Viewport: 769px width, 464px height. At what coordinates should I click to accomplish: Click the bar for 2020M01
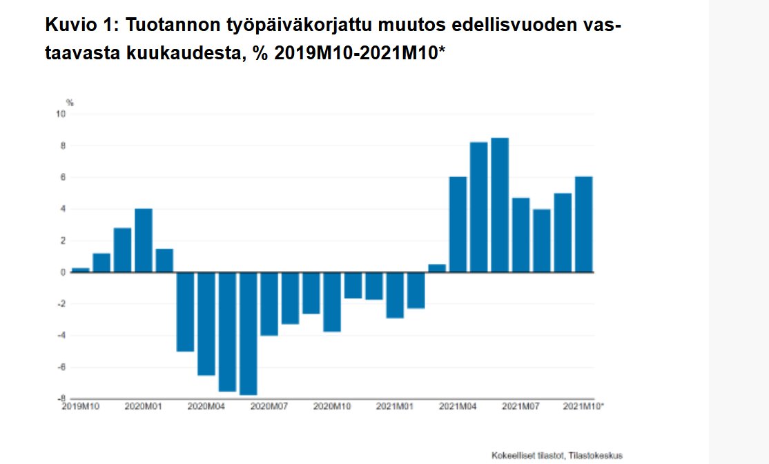[144, 241]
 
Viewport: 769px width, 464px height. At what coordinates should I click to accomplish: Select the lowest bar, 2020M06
[248, 334]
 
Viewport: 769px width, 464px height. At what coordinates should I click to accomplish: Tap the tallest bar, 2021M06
[500, 205]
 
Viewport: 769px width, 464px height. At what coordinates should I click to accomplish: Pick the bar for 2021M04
[458, 225]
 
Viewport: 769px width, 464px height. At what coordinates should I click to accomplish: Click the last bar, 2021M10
[583, 225]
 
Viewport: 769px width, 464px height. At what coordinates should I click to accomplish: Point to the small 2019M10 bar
[81, 270]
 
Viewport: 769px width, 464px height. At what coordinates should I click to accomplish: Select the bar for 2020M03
[185, 312]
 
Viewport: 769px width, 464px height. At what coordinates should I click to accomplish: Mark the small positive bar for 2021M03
[437, 268]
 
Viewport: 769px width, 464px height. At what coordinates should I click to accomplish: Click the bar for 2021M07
[520, 235]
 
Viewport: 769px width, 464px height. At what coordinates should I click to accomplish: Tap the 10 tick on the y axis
[60, 114]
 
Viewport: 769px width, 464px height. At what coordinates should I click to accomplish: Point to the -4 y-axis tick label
[61, 336]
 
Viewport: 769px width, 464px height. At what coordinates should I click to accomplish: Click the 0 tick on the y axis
[63, 273]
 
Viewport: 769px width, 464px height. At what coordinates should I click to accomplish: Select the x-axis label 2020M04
[206, 407]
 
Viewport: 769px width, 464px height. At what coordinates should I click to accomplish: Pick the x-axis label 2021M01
[395, 407]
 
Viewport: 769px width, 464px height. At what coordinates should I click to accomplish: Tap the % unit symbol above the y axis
[70, 103]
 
